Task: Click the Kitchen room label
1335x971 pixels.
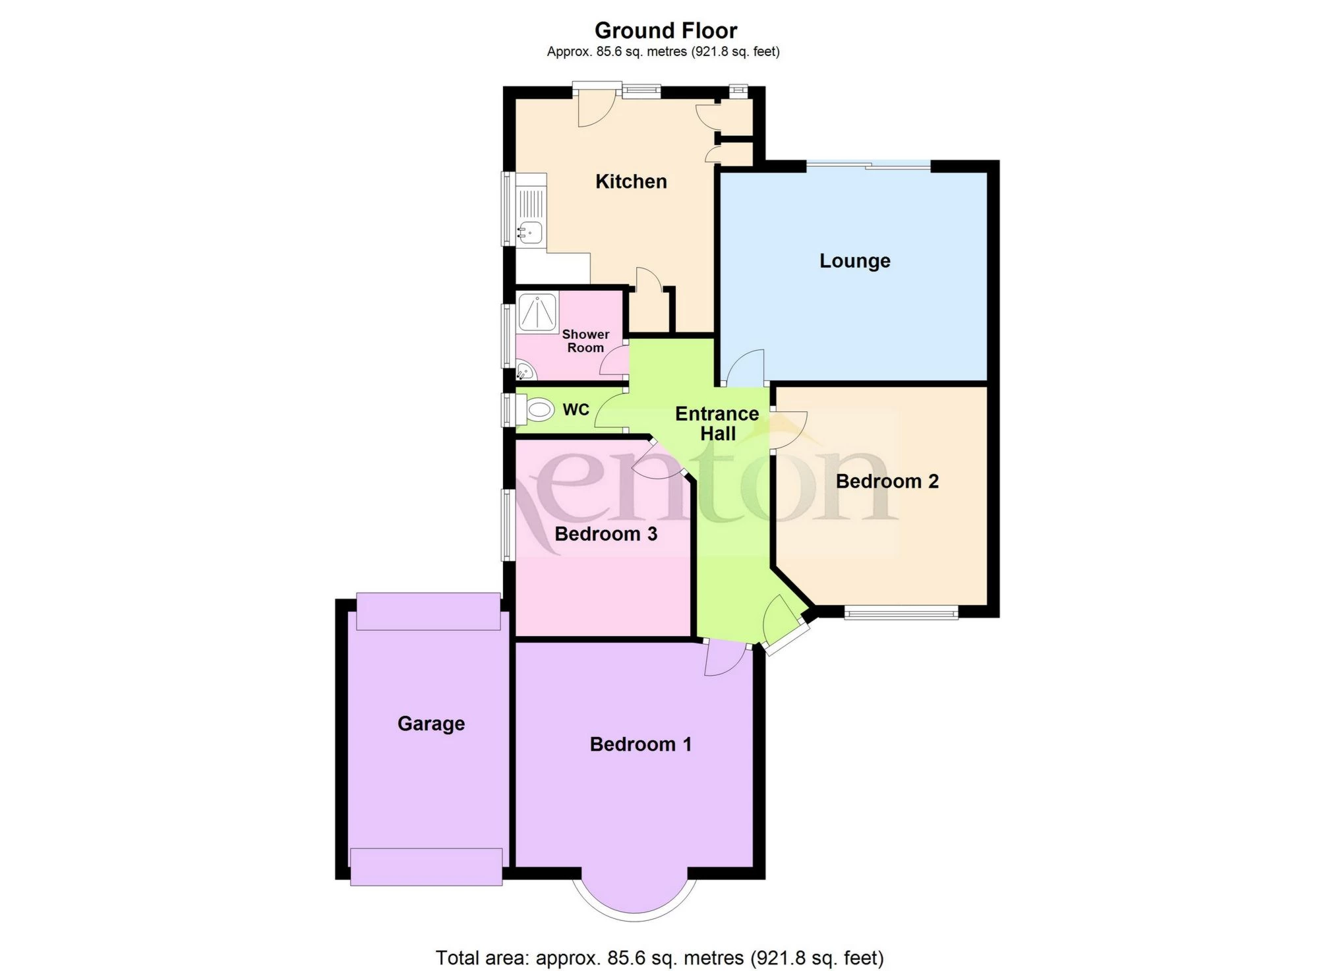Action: pos(631,181)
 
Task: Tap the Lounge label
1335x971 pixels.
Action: pos(854,260)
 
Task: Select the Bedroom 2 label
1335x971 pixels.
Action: pos(887,481)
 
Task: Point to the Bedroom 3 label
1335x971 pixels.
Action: pos(606,533)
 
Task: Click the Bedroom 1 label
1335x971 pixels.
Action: pos(640,744)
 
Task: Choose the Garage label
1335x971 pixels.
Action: pos(431,723)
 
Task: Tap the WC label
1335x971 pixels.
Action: pos(576,409)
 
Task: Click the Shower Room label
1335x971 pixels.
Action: pos(585,341)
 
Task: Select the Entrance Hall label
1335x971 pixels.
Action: pos(717,423)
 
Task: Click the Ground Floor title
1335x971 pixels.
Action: pos(666,30)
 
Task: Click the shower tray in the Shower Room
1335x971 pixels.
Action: pos(538,312)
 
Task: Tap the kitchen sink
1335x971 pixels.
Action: pos(530,231)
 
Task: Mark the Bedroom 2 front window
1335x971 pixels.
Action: pos(901,613)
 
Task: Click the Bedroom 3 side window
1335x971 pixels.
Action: pos(508,524)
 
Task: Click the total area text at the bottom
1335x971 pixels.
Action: pos(659,956)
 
